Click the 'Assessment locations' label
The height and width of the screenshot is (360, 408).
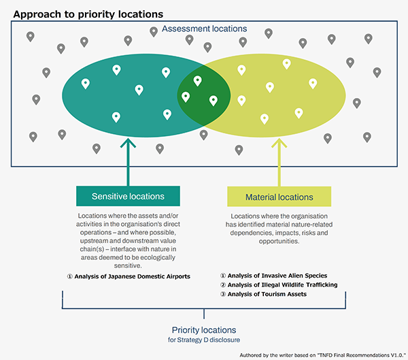(205, 29)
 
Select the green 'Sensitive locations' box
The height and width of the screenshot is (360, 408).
(128, 196)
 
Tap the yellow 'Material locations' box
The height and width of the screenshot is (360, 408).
(279, 197)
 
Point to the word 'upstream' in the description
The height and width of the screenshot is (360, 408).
(98, 242)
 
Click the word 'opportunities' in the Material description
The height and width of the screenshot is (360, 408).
(279, 242)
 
